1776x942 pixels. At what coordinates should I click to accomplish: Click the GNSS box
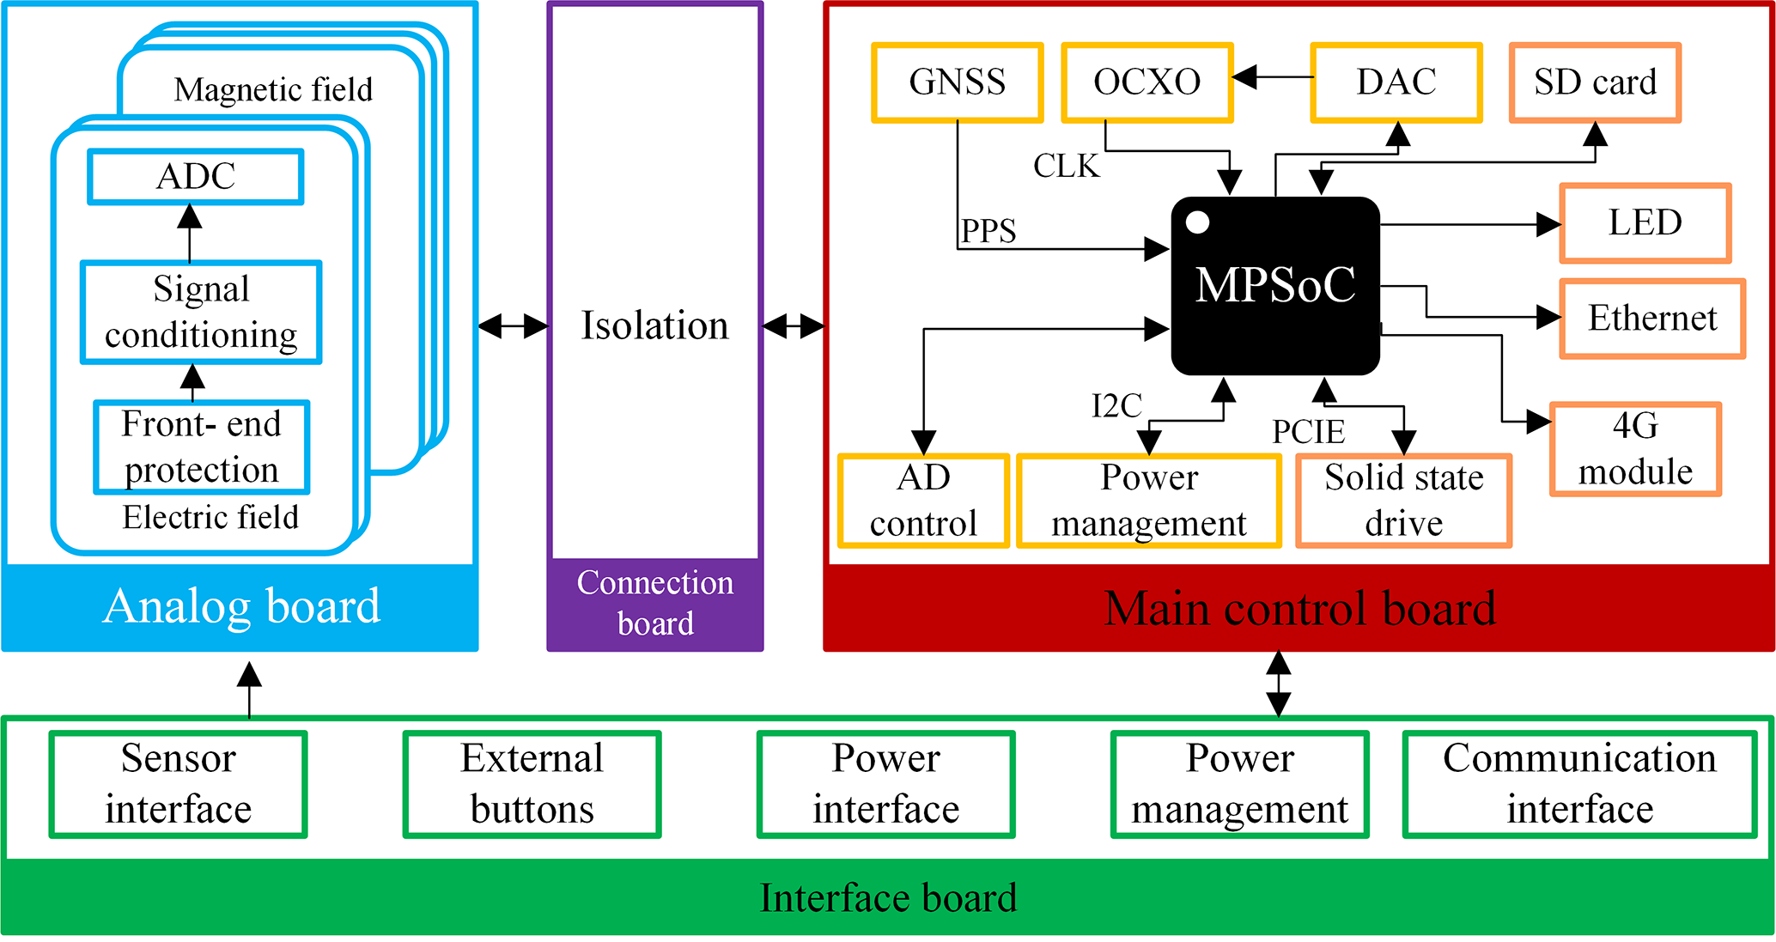tap(957, 82)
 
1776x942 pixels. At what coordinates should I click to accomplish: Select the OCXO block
tap(1146, 82)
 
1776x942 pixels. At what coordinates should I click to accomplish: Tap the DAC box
tap(1396, 82)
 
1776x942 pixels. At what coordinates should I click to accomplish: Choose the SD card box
tap(1595, 82)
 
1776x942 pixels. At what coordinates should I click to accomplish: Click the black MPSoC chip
tap(1275, 286)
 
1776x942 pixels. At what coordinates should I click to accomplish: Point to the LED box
tap(1645, 222)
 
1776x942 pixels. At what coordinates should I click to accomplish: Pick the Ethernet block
tap(1652, 319)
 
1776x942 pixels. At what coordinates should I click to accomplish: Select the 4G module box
tap(1635, 449)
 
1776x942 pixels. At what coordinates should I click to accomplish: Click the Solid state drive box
tap(1403, 501)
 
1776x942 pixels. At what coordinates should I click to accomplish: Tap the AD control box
tap(923, 501)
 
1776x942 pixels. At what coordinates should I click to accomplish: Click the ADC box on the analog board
tap(196, 177)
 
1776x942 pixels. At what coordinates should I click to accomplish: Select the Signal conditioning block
tap(201, 313)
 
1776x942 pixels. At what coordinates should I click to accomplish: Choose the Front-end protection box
tap(201, 447)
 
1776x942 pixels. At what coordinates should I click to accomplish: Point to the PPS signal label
tap(988, 231)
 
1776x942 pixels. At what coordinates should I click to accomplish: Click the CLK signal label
tap(1066, 166)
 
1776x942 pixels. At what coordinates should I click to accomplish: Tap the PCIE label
tap(1308, 432)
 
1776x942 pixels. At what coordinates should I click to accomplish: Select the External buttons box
tap(532, 784)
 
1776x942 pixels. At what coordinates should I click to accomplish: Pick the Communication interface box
tap(1579, 784)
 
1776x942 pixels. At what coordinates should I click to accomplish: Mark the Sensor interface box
tap(178, 784)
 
